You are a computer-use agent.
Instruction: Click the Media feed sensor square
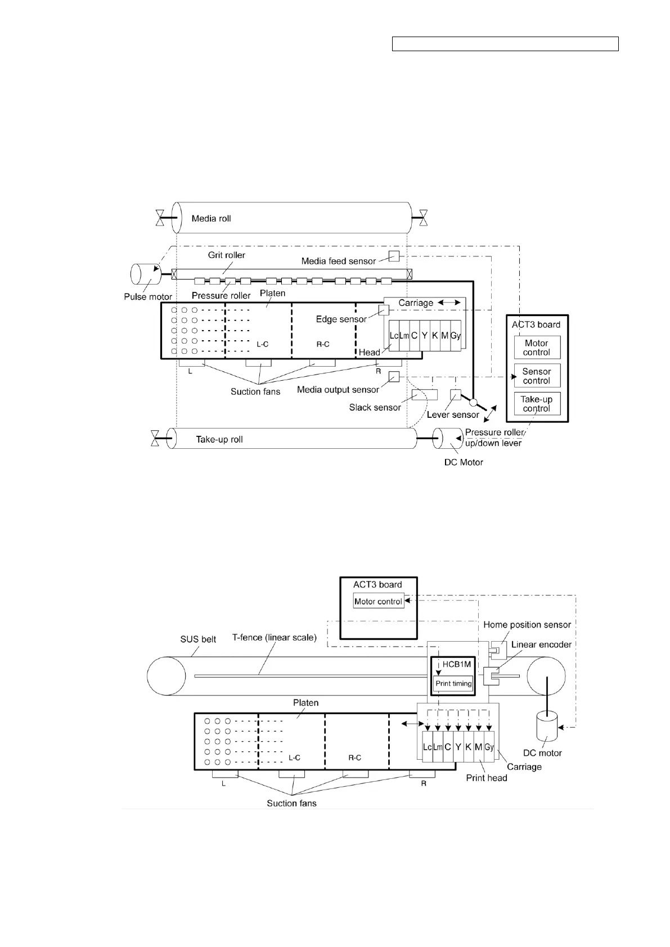coord(394,256)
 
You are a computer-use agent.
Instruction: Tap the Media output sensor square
coord(394,377)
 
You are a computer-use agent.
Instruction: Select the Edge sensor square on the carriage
coord(384,310)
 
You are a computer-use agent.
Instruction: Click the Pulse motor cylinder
coord(145,274)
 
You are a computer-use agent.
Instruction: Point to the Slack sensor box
coord(424,394)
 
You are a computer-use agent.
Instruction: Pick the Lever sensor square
coord(456,394)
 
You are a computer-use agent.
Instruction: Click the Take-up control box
coord(537,404)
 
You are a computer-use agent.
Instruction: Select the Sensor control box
coord(537,376)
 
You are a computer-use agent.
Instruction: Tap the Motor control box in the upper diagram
coord(537,348)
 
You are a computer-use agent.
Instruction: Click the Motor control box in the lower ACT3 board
coord(378,601)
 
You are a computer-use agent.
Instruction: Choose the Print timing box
coord(453,684)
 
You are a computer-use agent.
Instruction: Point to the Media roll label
coord(211,218)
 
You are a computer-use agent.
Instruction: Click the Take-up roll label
coord(219,439)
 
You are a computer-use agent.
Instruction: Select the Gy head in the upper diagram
coord(456,336)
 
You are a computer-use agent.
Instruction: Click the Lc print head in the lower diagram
coord(427,747)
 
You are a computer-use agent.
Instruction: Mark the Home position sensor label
coord(527,624)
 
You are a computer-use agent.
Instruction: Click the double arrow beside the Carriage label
coord(449,303)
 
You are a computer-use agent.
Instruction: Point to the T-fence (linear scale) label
coord(275,638)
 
